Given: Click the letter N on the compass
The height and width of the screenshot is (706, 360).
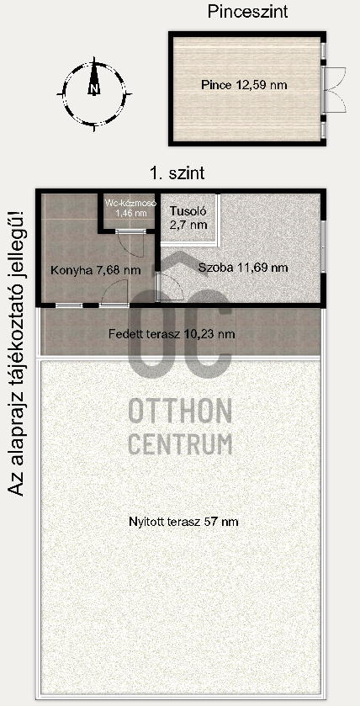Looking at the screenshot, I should pyautogui.click(x=93, y=87).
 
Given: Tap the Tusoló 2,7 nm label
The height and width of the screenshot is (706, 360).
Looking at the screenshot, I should pyautogui.click(x=188, y=217).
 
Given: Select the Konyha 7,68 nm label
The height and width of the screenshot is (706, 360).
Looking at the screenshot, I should pyautogui.click(x=84, y=270).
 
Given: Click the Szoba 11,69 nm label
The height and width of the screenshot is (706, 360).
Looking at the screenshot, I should pyautogui.click(x=243, y=268).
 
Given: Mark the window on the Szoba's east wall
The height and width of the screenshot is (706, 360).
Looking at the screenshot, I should pyautogui.click(x=324, y=246).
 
